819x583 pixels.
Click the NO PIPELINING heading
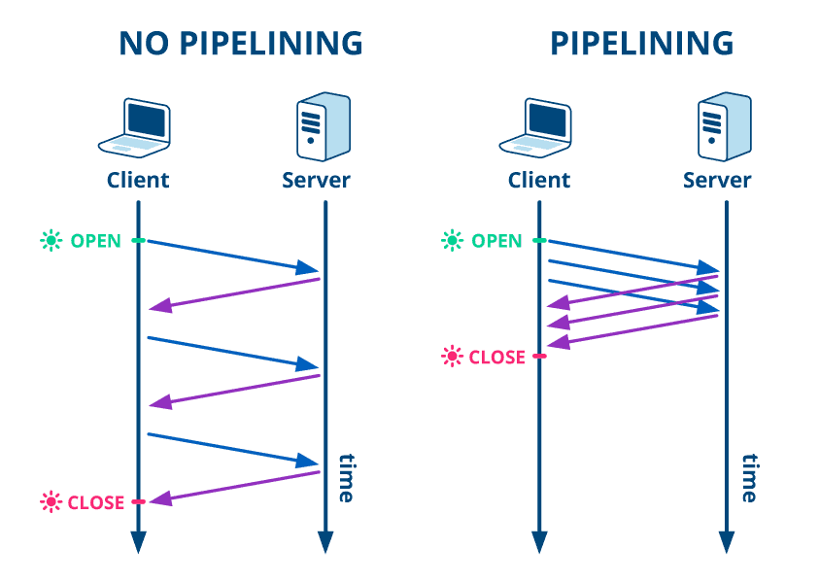click(240, 44)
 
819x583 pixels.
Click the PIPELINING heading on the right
click(641, 44)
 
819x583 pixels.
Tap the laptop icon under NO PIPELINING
click(136, 128)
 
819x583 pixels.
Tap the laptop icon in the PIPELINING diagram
click(536, 128)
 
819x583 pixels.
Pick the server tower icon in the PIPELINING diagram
click(724, 126)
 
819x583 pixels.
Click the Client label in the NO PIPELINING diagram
click(138, 180)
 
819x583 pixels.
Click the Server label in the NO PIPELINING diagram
click(316, 180)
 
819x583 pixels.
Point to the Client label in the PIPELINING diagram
click(539, 180)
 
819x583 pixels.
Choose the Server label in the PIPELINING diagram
click(717, 180)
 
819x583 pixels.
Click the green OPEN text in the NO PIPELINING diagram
click(95, 241)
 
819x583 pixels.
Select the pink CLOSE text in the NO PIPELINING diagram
click(95, 502)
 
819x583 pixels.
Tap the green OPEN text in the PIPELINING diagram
click(496, 241)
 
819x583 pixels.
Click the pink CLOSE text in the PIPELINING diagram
click(496, 358)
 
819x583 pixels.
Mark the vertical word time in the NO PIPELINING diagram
click(345, 477)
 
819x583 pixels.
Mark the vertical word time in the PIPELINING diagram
click(747, 477)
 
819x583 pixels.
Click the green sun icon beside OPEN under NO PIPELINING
click(51, 240)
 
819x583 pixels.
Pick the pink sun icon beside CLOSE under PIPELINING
click(452, 357)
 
